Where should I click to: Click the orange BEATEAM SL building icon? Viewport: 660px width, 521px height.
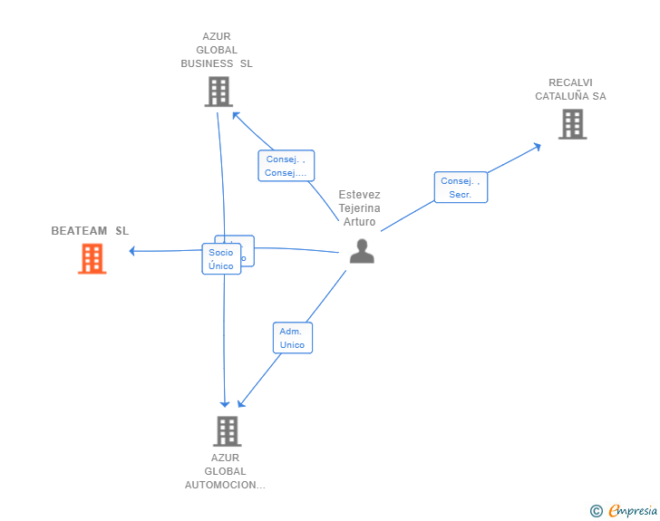click(x=92, y=258)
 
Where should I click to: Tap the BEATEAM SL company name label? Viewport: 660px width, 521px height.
click(x=90, y=231)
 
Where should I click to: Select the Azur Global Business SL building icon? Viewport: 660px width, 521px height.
click(x=218, y=92)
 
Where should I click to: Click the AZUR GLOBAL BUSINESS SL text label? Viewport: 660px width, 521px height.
click(x=217, y=51)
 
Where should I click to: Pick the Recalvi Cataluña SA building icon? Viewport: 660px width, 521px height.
click(x=572, y=124)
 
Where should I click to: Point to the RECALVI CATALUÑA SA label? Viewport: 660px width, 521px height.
click(x=570, y=89)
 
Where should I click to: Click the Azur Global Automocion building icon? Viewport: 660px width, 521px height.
click(x=227, y=430)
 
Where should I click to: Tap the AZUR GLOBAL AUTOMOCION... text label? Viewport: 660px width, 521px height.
click(x=225, y=471)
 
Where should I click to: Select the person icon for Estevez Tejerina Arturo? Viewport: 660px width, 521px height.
click(x=362, y=251)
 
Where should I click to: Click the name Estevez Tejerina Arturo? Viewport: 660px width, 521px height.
click(x=360, y=208)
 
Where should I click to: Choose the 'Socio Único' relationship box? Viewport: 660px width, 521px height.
click(x=221, y=259)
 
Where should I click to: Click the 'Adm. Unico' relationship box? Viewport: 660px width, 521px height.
click(x=292, y=338)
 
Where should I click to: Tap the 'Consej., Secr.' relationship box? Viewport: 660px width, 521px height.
click(x=460, y=188)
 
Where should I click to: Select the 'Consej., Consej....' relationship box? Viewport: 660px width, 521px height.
click(x=286, y=166)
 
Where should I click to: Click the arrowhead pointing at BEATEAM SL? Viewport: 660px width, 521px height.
click(x=132, y=251)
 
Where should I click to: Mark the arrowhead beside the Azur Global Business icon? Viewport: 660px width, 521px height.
click(x=235, y=114)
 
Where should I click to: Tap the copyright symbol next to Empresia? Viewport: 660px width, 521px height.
click(x=596, y=511)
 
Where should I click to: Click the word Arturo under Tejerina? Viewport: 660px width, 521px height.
click(x=360, y=222)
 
